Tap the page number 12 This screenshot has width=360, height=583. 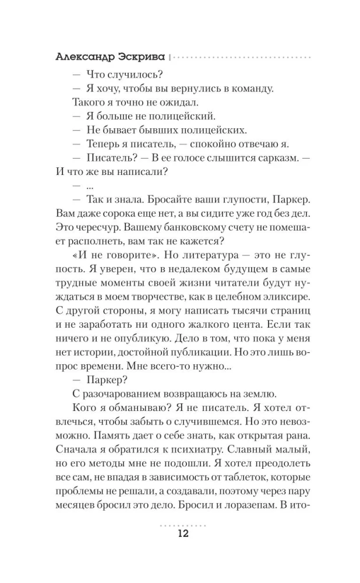tap(180, 535)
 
